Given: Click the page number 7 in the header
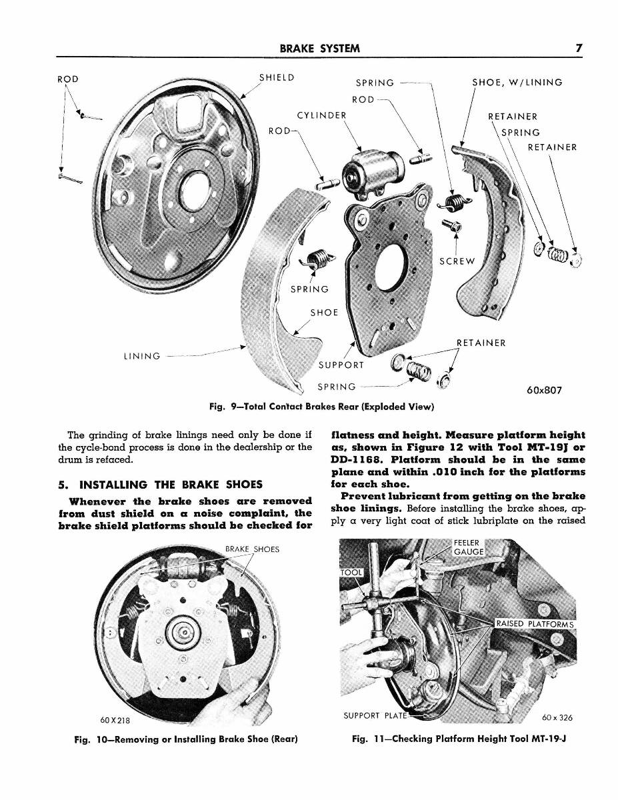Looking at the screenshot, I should [580, 48].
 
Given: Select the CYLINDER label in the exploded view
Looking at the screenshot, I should [322, 115].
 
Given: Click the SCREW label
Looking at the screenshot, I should [457, 261].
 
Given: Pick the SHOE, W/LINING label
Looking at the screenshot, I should [517, 83].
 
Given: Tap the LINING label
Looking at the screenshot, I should [142, 356].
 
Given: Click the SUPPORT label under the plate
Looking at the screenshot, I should [341, 365].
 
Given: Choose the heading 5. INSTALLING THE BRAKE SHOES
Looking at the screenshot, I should [161, 484].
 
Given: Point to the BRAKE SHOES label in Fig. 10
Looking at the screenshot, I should [252, 549].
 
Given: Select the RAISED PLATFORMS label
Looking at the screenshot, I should [535, 624].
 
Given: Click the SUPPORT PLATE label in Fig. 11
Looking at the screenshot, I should [374, 717].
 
